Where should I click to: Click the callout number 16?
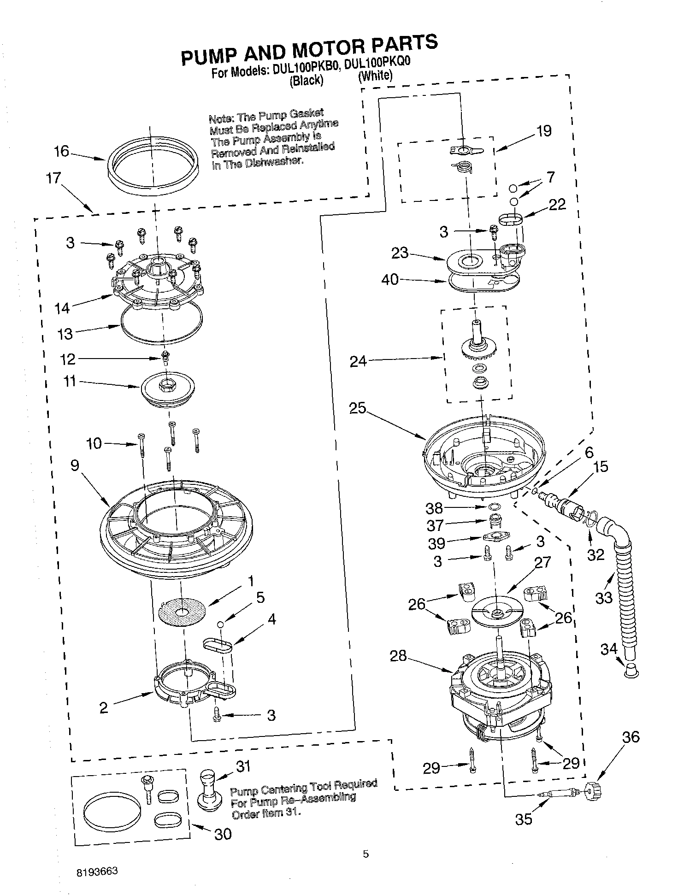tap(61, 151)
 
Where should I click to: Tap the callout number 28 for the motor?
tap(398, 655)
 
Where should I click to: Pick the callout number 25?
tap(357, 408)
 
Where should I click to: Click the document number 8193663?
tap(97, 871)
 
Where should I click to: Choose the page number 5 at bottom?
tap(366, 854)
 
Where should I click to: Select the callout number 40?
tap(390, 279)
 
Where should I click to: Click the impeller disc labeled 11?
tap(168, 386)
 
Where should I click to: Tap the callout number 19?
tap(543, 131)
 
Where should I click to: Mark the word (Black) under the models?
tap(307, 81)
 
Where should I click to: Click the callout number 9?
tap(75, 465)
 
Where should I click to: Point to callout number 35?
tap(524, 819)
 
